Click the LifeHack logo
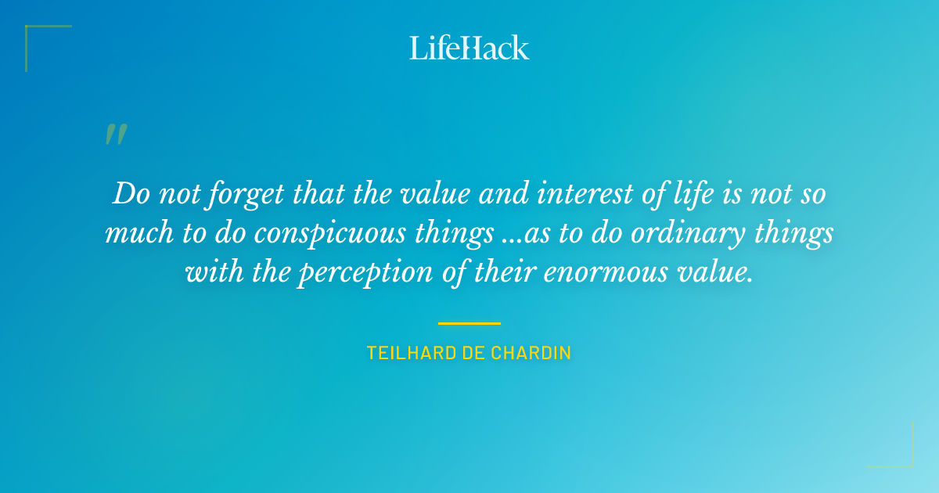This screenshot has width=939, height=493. (469, 48)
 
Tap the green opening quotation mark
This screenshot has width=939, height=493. (116, 135)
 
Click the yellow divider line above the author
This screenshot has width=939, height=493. (469, 322)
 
